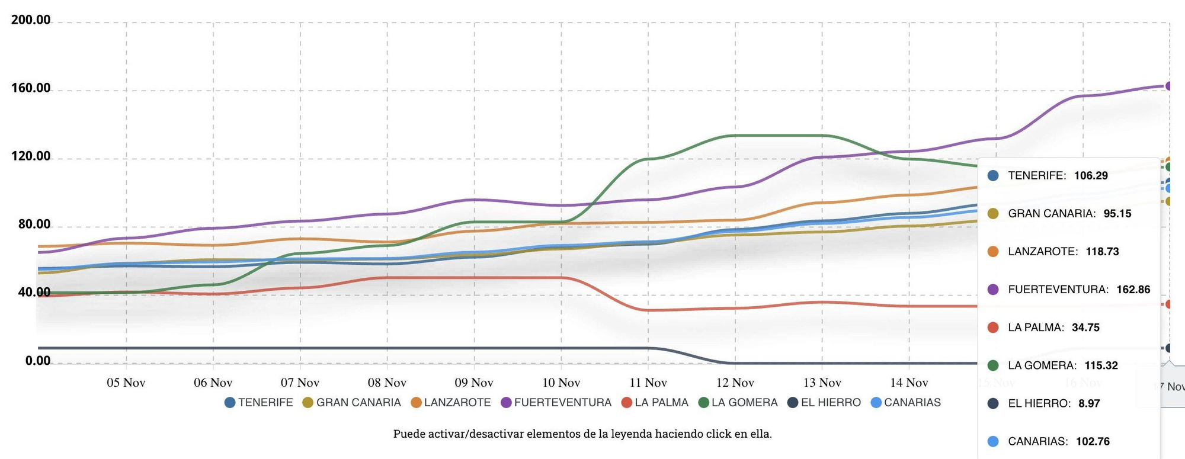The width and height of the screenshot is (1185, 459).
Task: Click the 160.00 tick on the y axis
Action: click(31, 88)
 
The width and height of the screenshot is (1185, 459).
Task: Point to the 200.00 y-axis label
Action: click(31, 20)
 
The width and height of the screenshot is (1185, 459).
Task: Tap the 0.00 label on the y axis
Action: click(38, 361)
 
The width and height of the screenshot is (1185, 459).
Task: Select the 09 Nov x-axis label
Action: click(473, 383)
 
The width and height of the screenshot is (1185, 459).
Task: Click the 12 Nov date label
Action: click(735, 383)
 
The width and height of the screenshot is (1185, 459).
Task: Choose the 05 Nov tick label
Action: click(126, 383)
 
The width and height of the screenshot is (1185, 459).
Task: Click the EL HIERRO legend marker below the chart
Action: click(793, 403)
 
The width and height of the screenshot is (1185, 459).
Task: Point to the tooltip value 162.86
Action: click(1133, 290)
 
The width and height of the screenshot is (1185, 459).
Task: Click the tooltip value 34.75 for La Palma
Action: click(1085, 328)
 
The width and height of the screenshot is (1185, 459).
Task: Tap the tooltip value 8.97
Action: click(1089, 403)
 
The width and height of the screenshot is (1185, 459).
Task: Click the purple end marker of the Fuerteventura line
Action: click(1169, 86)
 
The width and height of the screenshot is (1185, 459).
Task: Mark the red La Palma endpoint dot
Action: click(1169, 304)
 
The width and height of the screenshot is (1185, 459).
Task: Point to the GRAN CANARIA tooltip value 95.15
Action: click(1117, 214)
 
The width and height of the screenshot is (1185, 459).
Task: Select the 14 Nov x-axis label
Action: click(909, 383)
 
